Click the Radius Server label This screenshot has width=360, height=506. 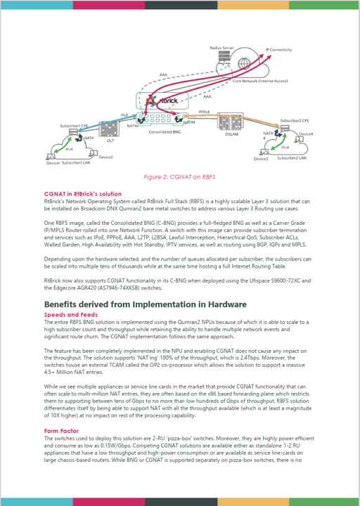(x=222, y=46)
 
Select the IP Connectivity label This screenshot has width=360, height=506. (x=278, y=50)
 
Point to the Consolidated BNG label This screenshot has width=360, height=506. (x=163, y=130)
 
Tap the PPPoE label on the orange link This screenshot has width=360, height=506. (x=205, y=111)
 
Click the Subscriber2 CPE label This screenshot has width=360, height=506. (x=294, y=121)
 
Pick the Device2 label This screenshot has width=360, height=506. (x=105, y=157)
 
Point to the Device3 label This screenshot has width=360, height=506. (x=260, y=160)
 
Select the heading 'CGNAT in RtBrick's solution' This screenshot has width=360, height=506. (x=82, y=193)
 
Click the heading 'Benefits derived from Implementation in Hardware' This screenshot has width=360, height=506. (x=145, y=304)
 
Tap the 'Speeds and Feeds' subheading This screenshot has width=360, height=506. (x=70, y=315)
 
